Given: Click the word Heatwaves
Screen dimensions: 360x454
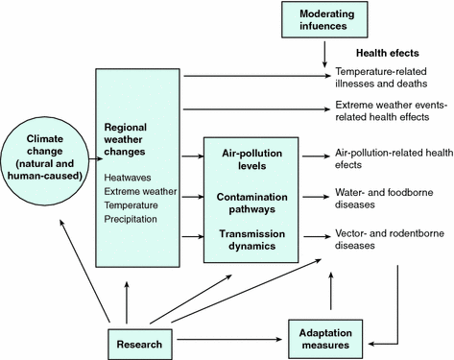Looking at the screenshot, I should click(x=131, y=177).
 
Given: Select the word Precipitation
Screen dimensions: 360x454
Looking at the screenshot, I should click(x=134, y=219).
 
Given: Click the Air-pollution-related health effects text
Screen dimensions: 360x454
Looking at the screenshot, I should click(x=393, y=158).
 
